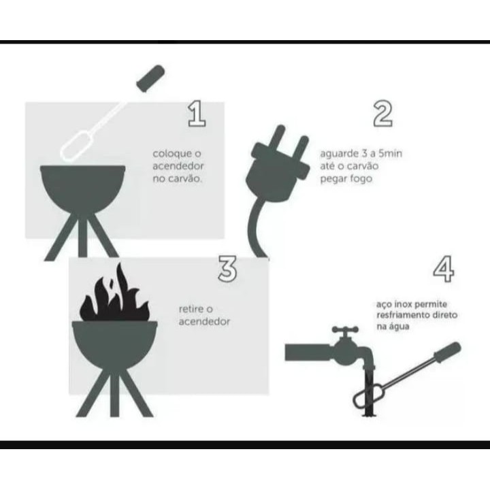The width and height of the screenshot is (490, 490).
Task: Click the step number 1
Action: (x=197, y=114)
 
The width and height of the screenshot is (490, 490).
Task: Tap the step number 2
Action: (x=382, y=114)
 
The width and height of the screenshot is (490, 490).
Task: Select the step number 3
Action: (x=227, y=269)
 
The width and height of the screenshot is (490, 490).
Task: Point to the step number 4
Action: (x=444, y=269)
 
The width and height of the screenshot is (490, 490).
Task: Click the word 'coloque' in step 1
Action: (x=173, y=154)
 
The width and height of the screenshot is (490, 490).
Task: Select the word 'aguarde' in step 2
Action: (x=340, y=154)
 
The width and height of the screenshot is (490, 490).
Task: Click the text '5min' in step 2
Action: (x=391, y=153)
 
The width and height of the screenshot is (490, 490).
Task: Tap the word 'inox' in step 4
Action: (x=403, y=304)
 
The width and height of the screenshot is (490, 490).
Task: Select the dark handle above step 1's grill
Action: (x=150, y=78)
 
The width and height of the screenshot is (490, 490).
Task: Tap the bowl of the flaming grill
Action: (x=115, y=344)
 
